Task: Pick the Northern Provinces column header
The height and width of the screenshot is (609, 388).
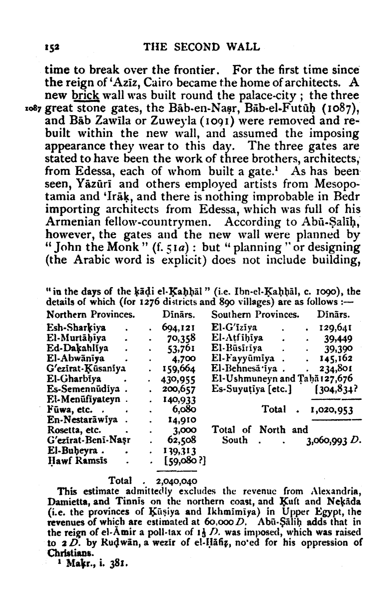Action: (x=91, y=301)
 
